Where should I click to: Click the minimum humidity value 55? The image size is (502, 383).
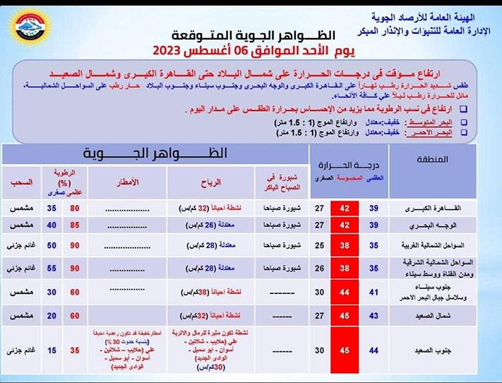(x=51, y=269)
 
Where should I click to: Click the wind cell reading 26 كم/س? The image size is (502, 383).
(x=208, y=225)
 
